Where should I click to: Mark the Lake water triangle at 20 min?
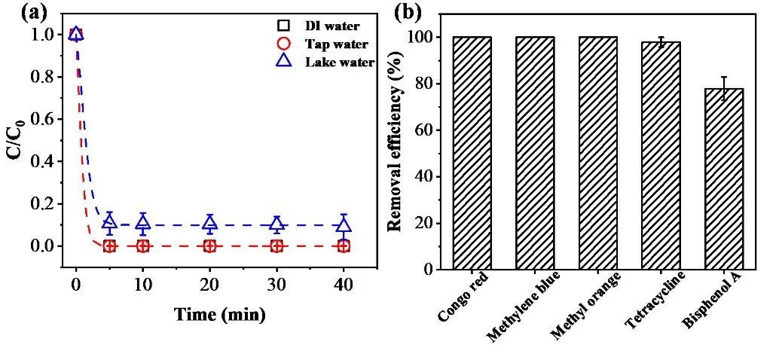click(210, 223)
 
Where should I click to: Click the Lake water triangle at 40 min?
click(344, 224)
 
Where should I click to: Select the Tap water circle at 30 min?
click(276, 246)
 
